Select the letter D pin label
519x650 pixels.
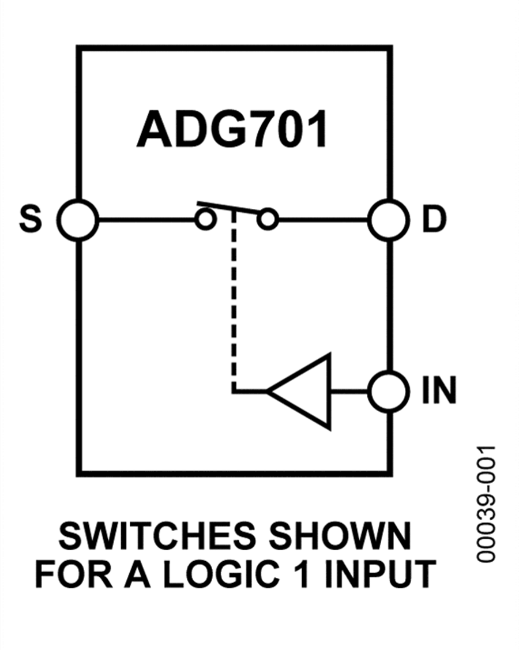pos(434,220)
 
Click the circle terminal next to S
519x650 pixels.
pos(78,220)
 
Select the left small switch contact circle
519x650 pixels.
pos(204,220)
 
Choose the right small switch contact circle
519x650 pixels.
pos(268,220)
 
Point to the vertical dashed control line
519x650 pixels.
pos(233,300)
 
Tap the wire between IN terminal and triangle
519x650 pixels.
pos(349,392)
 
